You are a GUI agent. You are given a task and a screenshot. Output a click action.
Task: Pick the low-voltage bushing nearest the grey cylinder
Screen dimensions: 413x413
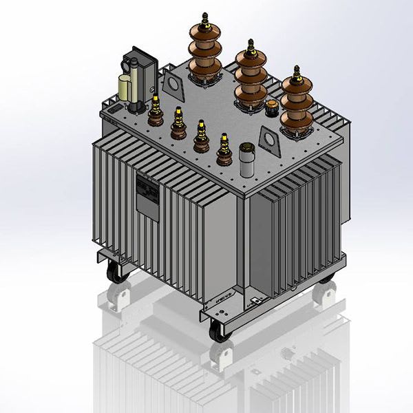pos(223,149)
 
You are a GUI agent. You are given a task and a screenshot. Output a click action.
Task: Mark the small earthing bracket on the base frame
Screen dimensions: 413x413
pos(256,301)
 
